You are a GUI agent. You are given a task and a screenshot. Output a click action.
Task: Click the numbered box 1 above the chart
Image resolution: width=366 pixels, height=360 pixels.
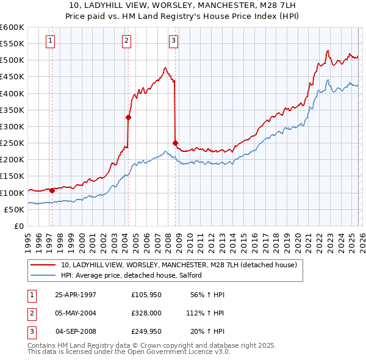50,41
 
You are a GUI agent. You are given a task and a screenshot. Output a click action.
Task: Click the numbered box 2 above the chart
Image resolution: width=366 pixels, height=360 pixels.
126,41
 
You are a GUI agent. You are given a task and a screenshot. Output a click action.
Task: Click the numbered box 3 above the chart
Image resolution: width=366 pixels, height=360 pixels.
173,41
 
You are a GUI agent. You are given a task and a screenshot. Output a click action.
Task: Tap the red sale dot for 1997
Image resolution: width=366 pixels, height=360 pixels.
52,190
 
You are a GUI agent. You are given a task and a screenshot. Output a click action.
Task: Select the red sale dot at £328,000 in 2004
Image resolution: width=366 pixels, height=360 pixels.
128,117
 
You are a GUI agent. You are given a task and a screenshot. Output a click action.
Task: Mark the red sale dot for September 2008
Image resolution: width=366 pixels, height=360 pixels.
175,143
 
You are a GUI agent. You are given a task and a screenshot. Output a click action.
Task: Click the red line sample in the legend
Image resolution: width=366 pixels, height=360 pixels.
44,265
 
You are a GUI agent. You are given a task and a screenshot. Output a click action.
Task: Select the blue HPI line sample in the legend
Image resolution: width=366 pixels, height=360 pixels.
44,275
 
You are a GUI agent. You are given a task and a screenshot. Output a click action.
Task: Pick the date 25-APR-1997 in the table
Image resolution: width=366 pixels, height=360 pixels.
76,295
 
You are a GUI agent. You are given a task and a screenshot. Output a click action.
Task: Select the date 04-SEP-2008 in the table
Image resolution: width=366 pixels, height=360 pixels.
76,331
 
